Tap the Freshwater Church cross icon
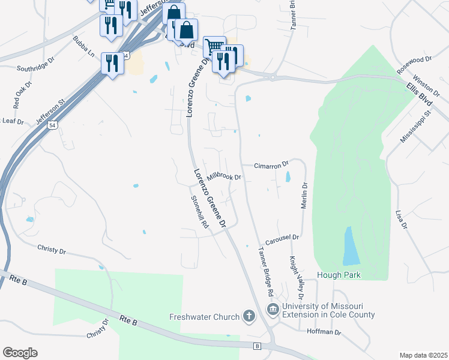point(249,316)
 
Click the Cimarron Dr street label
point(271,164)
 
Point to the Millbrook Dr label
point(223,178)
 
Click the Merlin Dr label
point(304,196)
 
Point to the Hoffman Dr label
point(324,332)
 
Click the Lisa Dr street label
point(402,219)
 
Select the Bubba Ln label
point(83,47)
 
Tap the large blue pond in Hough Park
point(351,247)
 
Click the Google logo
point(20,353)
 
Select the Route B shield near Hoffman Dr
point(257,346)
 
